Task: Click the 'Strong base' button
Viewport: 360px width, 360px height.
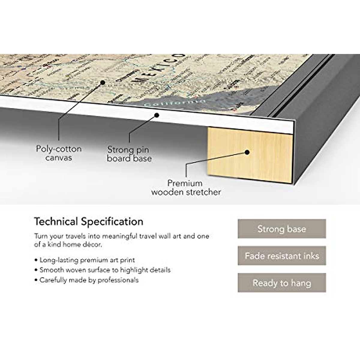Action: point(282,229)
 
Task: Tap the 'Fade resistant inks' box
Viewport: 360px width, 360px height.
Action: point(282,256)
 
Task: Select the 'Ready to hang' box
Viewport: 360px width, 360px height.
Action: point(282,283)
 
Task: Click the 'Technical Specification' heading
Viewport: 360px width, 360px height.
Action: point(88,222)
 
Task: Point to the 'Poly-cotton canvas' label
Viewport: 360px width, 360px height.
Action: point(59,153)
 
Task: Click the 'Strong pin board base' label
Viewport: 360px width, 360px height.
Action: point(129,154)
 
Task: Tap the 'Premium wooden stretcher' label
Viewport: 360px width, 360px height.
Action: point(186,187)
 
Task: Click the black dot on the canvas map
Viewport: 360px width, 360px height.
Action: point(103,82)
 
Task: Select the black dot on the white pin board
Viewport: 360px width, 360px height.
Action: point(156,115)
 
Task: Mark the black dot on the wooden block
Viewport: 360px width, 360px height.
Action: point(247,152)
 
